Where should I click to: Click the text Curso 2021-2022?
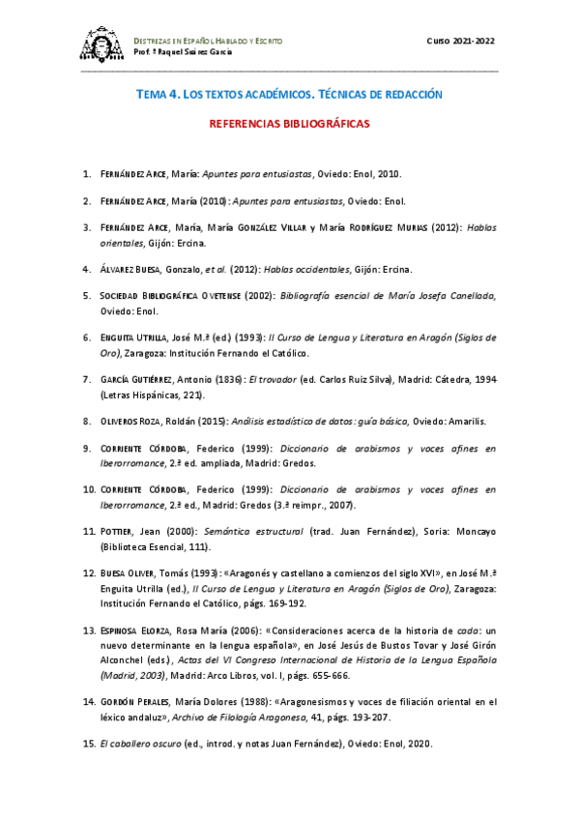click(x=462, y=40)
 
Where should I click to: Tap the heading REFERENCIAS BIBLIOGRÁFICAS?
click(x=289, y=125)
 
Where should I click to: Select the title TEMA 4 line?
click(x=289, y=95)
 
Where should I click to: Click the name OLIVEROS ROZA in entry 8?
click(x=135, y=421)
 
